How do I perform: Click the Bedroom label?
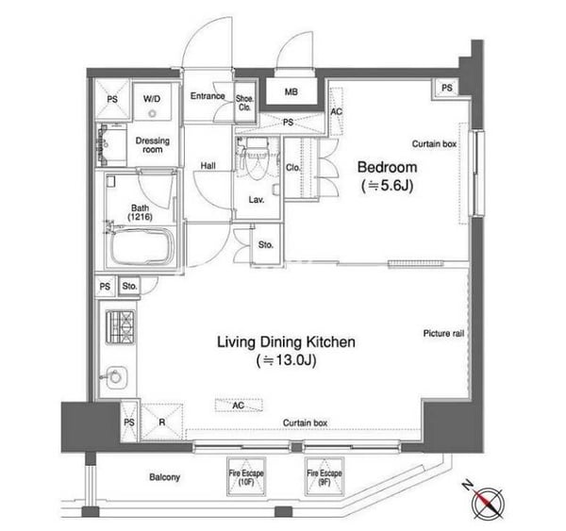click(387, 167)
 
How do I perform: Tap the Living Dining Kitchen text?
click(286, 341)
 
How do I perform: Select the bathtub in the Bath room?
click(142, 246)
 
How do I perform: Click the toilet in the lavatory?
click(257, 158)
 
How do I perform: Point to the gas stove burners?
click(120, 327)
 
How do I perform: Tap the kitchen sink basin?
click(116, 377)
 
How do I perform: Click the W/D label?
click(152, 98)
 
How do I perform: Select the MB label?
click(291, 92)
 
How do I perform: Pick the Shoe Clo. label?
click(244, 103)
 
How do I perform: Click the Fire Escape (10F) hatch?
click(246, 476)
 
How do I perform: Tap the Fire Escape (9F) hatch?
click(325, 476)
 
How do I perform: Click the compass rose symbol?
click(488, 503)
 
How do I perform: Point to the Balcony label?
click(164, 477)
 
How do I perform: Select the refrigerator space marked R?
click(161, 422)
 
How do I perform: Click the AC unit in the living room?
click(239, 406)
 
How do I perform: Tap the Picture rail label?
click(443, 334)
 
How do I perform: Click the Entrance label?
click(208, 96)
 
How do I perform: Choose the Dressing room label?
click(152, 144)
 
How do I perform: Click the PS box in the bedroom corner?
click(446, 88)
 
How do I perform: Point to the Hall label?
click(208, 166)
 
